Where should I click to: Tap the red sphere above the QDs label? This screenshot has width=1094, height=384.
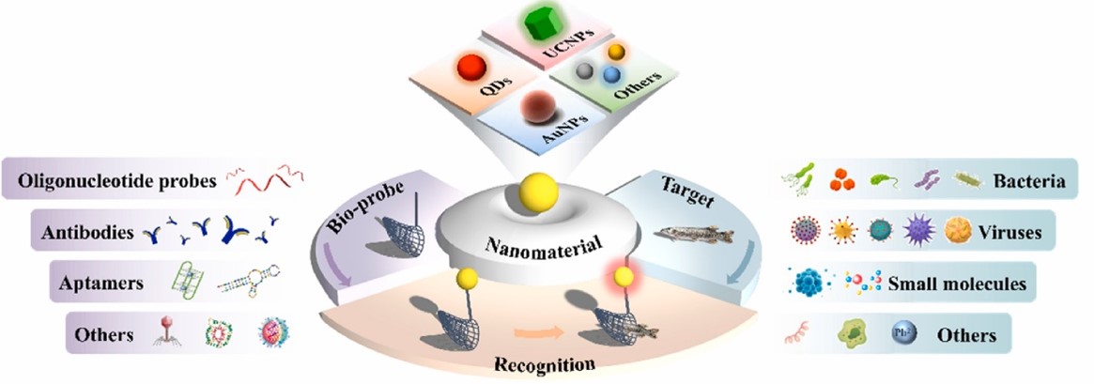point(471,69)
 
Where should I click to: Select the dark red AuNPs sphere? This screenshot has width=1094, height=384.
point(539,108)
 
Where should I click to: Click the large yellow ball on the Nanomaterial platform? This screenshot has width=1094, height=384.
point(538,192)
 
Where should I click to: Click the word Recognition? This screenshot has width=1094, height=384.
point(545,363)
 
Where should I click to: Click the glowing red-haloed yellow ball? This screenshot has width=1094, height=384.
point(623,276)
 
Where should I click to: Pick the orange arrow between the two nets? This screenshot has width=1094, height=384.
point(539,331)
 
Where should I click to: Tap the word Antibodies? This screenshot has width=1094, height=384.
point(87,233)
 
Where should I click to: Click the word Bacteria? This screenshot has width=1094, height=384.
point(1029,182)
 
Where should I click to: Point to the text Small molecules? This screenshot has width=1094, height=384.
point(957,284)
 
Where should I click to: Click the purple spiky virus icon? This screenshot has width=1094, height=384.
point(919,230)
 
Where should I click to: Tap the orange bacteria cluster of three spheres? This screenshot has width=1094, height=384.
point(842,180)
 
